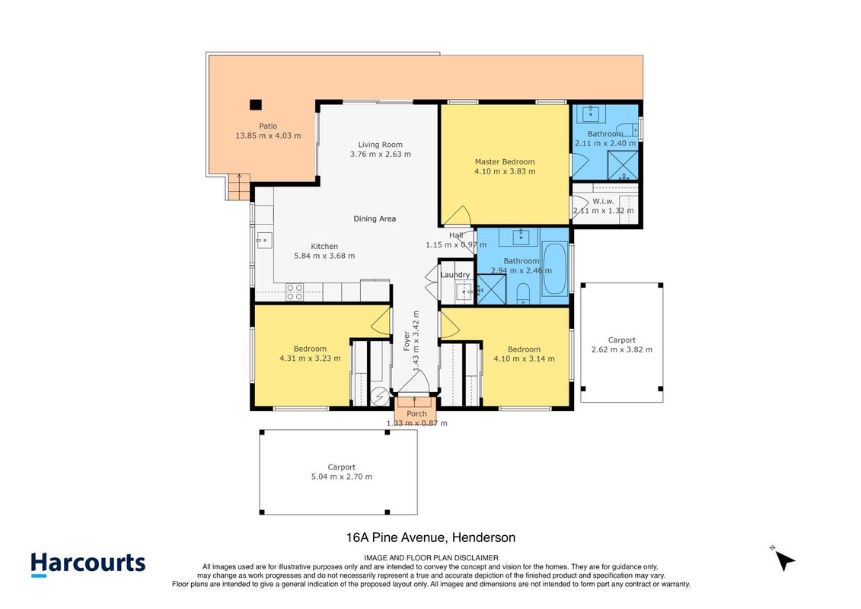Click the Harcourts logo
(88, 565)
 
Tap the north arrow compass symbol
(785, 560)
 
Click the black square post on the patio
(255, 104)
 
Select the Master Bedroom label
(505, 162)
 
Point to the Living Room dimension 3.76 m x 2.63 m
(381, 155)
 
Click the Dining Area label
(375, 218)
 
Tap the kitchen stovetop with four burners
(295, 292)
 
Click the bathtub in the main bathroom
(555, 269)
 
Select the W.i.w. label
(603, 202)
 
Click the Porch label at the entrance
(416, 413)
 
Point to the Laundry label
(455, 275)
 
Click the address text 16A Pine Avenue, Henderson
(431, 537)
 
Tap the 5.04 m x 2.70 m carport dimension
(342, 477)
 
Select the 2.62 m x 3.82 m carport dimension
(622, 349)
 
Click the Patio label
(268, 126)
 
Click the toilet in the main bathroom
(523, 294)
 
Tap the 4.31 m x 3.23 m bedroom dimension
(310, 358)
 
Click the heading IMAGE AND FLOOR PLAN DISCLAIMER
(431, 558)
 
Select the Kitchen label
(324, 247)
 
